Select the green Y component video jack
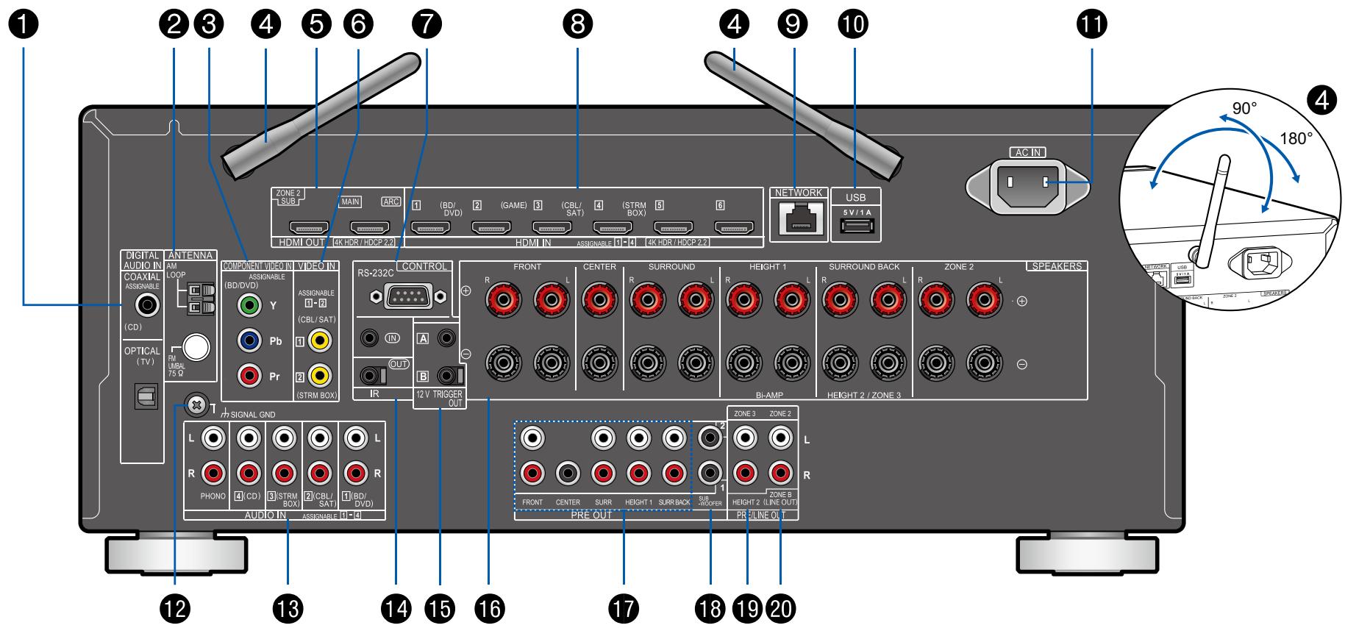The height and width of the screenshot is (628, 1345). pyautogui.click(x=250, y=304)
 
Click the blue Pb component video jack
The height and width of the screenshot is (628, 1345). pyautogui.click(x=250, y=340)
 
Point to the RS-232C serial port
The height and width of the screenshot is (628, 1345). pyautogui.click(x=408, y=296)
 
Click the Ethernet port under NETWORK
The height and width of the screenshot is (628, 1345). pyautogui.click(x=799, y=220)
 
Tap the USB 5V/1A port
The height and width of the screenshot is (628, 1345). pyautogui.click(x=856, y=226)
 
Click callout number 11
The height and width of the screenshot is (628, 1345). pyautogui.click(x=1091, y=24)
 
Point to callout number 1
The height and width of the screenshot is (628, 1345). pyautogui.click(x=25, y=24)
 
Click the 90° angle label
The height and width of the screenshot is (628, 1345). pyautogui.click(x=1244, y=108)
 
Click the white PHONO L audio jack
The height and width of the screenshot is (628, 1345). pyautogui.click(x=214, y=439)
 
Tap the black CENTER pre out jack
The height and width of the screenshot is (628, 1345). pyautogui.click(x=568, y=472)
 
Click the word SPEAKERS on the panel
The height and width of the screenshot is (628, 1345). pyautogui.click(x=1057, y=266)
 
